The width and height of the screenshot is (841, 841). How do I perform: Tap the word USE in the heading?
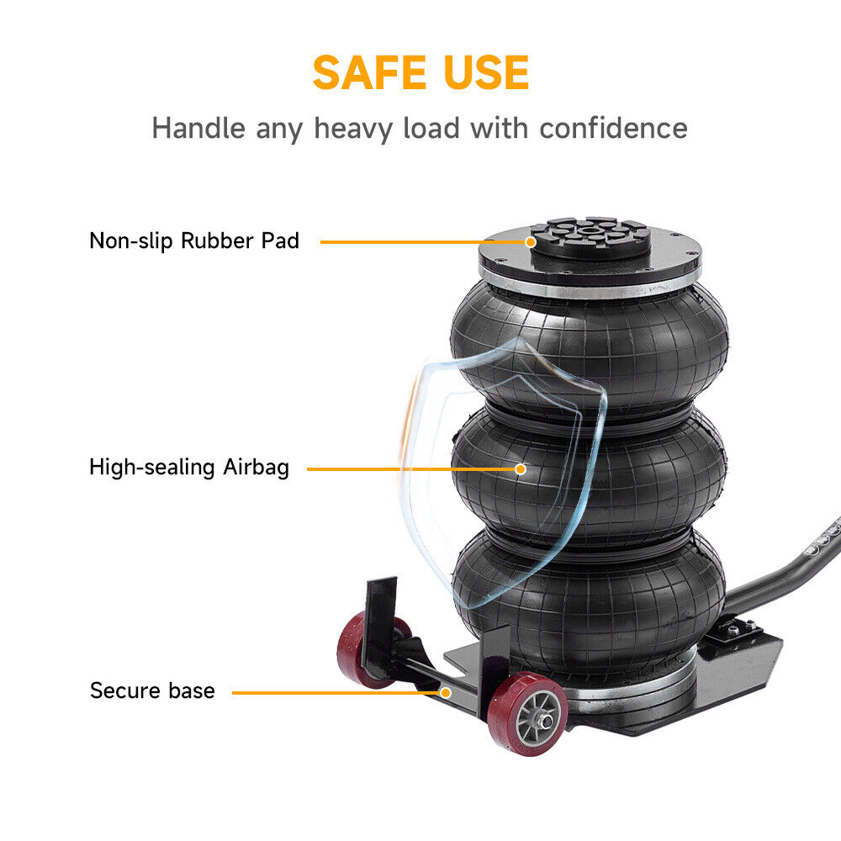(479, 72)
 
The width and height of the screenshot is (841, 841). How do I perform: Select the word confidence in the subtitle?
(613, 128)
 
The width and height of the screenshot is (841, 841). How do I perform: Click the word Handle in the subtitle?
(198, 128)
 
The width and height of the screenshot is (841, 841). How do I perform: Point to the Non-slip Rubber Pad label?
(194, 241)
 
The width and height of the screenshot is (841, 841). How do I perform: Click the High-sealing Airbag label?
(189, 467)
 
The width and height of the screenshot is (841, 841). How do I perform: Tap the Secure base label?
(152, 690)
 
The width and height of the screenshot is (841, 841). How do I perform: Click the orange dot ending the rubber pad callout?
(531, 242)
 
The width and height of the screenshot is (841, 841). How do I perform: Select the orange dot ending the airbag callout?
(521, 469)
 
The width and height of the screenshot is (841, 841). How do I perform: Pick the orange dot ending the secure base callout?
(446, 692)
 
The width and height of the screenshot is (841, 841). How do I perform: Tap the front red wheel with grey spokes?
(528, 714)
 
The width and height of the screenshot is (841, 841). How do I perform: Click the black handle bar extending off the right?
(783, 569)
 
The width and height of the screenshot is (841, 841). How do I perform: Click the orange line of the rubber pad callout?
(423, 242)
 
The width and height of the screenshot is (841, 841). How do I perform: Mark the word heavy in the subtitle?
(353, 130)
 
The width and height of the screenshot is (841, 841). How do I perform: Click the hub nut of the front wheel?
(547, 722)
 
